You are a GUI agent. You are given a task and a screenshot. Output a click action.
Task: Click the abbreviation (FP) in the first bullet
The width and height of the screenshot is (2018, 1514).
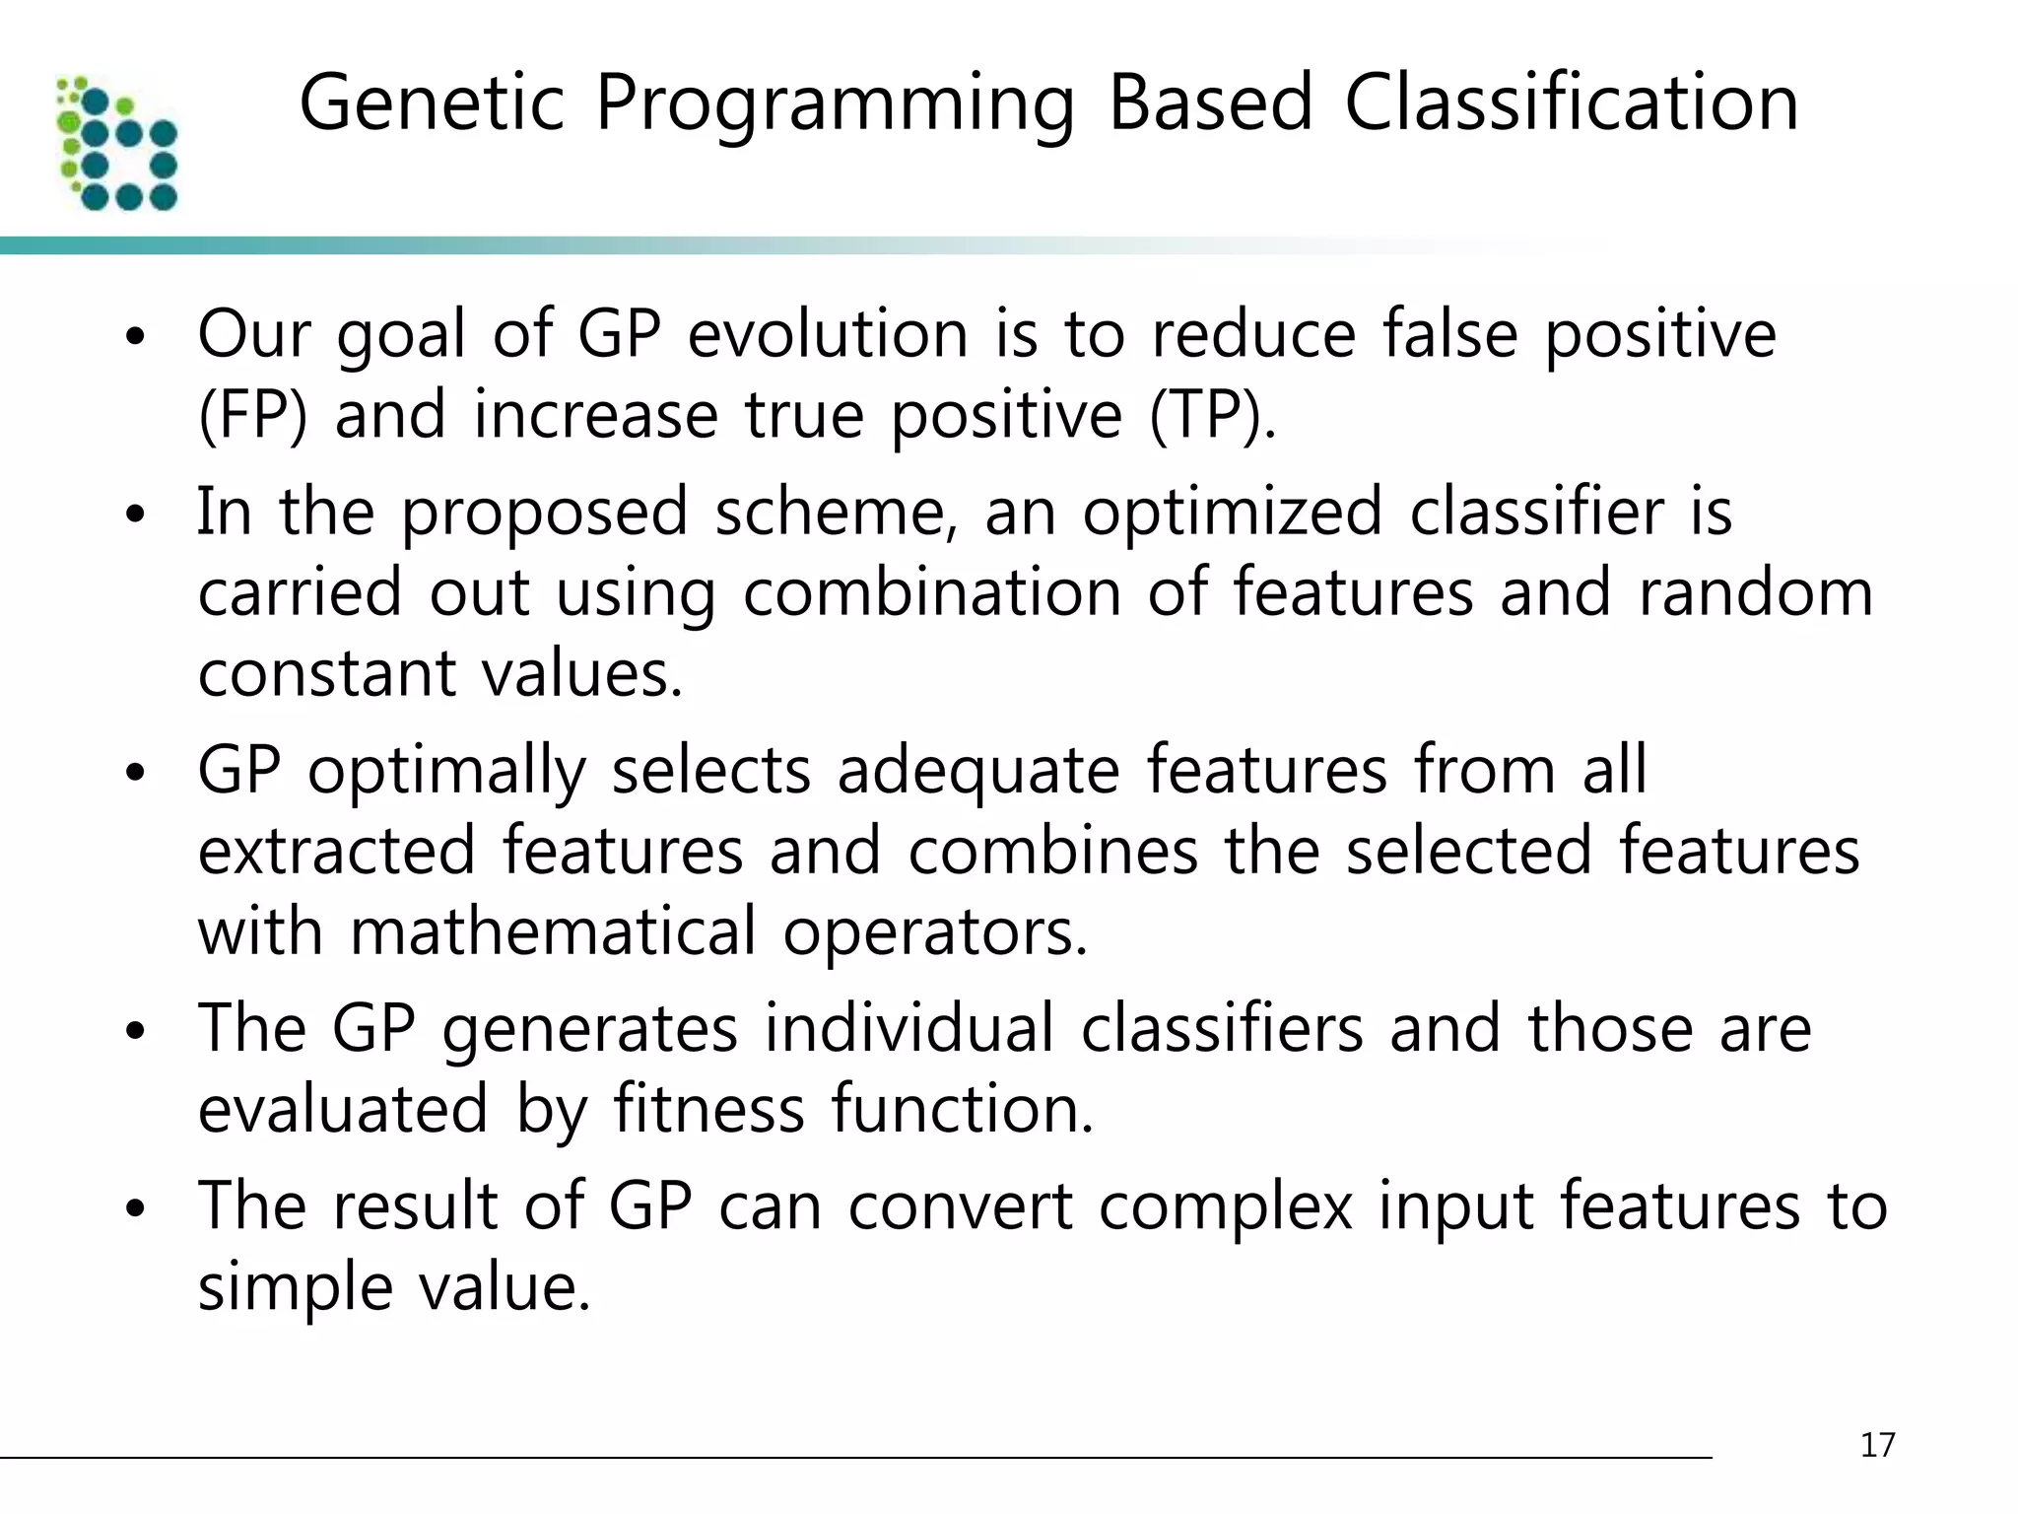point(252,415)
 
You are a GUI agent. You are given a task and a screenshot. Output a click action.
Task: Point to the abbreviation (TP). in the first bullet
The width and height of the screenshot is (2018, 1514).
point(1212,415)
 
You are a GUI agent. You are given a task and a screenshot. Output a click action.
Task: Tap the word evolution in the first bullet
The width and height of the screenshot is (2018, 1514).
point(828,334)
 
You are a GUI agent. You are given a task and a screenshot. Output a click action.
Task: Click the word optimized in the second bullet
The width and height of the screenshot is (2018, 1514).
point(1233,512)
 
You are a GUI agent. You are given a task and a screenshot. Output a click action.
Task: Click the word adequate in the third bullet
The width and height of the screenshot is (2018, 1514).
point(977,770)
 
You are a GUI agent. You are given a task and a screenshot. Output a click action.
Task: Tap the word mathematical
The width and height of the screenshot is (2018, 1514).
point(553,931)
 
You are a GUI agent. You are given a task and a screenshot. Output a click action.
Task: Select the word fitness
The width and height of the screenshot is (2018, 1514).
point(708,1109)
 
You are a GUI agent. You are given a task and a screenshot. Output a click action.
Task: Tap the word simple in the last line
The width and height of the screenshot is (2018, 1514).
point(295,1288)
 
